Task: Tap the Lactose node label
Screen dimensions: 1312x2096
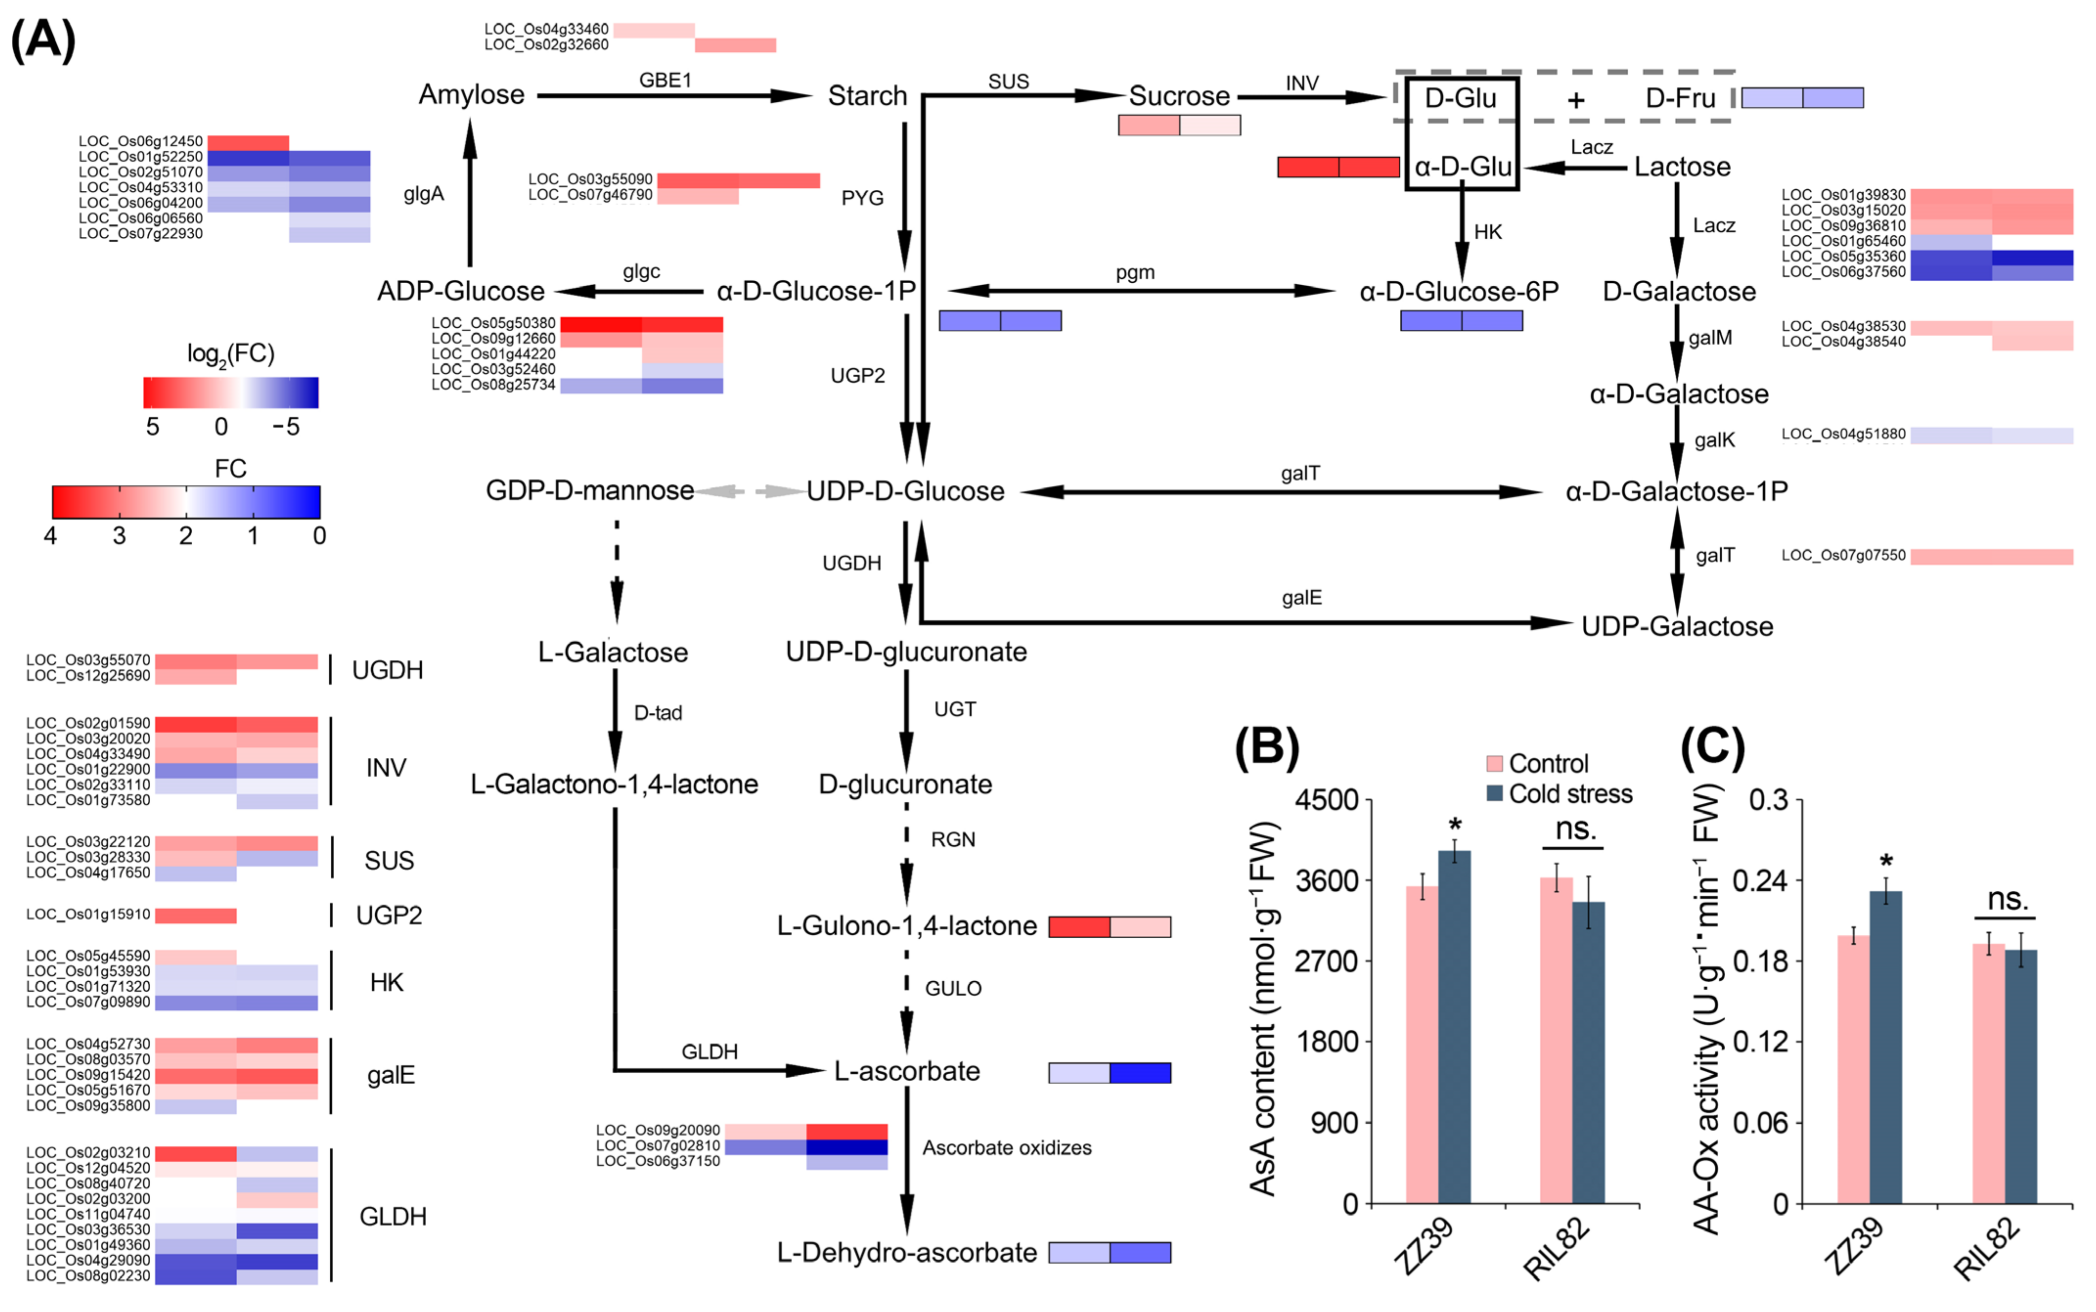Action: (1682, 167)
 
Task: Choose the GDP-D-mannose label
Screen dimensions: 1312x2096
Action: (589, 491)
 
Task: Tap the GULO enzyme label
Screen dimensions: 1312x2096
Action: (953, 988)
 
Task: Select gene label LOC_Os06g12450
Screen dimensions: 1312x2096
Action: (140, 141)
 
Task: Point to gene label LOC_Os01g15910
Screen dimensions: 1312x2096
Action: (89, 915)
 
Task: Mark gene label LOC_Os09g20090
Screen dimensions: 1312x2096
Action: (658, 1131)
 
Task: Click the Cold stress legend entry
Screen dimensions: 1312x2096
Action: (1569, 794)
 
